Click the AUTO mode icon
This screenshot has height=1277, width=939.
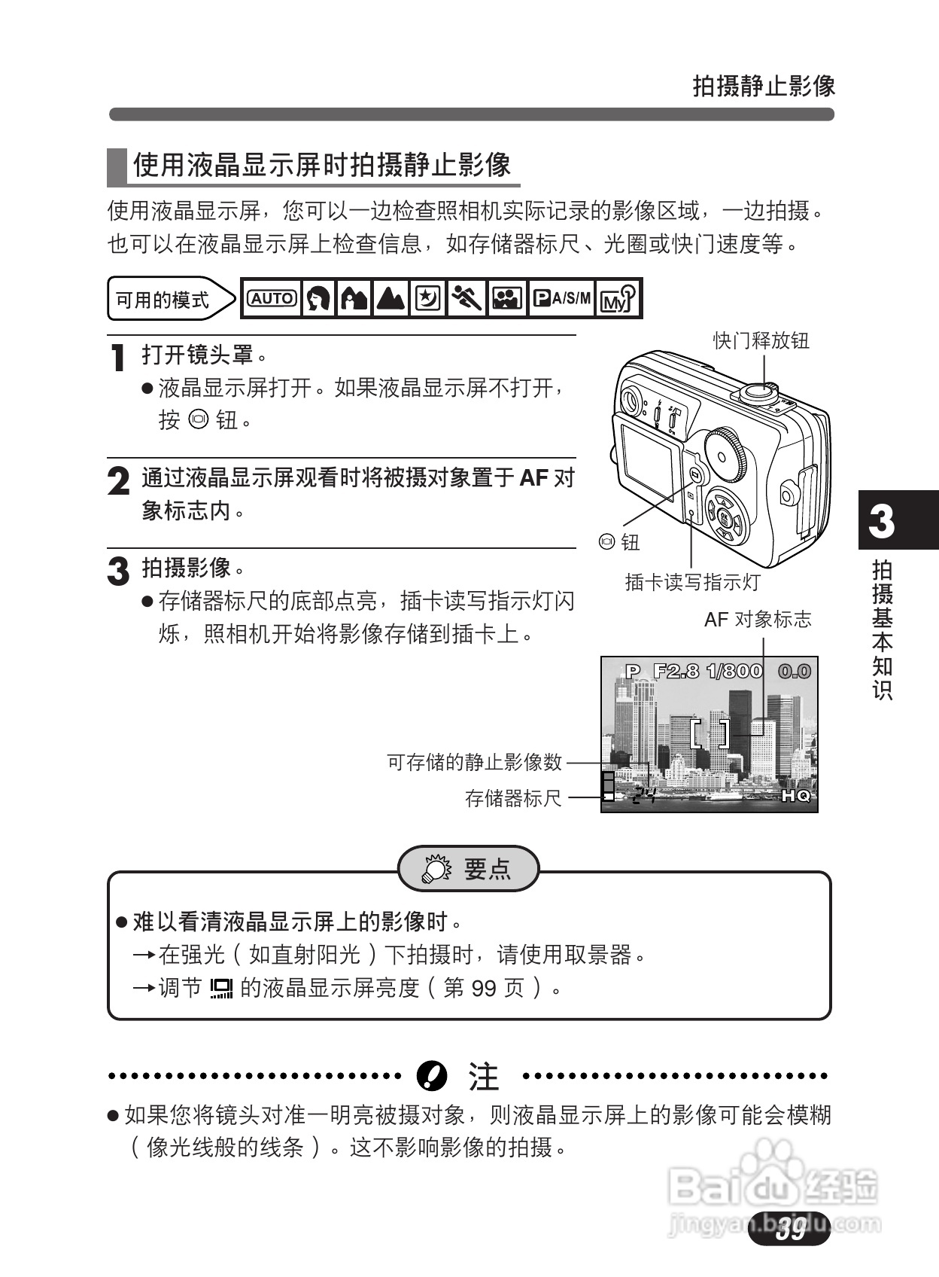(x=272, y=299)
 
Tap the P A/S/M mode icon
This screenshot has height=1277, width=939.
(x=562, y=299)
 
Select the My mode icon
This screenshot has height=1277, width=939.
(x=618, y=299)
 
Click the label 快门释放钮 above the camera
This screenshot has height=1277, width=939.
(x=761, y=341)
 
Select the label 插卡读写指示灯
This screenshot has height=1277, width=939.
(x=692, y=582)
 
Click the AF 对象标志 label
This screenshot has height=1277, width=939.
(x=758, y=620)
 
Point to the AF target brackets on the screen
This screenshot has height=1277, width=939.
(x=710, y=733)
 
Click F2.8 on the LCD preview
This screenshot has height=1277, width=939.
(x=676, y=671)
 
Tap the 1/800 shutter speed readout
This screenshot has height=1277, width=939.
(x=734, y=671)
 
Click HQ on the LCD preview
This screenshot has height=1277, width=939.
(x=796, y=796)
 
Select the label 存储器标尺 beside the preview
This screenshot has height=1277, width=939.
(x=513, y=798)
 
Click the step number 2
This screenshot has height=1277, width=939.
(x=118, y=482)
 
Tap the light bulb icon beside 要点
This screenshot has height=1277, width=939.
(x=435, y=869)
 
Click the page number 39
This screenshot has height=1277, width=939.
(x=792, y=1230)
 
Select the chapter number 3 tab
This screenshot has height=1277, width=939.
(x=882, y=521)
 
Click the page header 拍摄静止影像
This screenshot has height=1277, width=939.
(x=763, y=87)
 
